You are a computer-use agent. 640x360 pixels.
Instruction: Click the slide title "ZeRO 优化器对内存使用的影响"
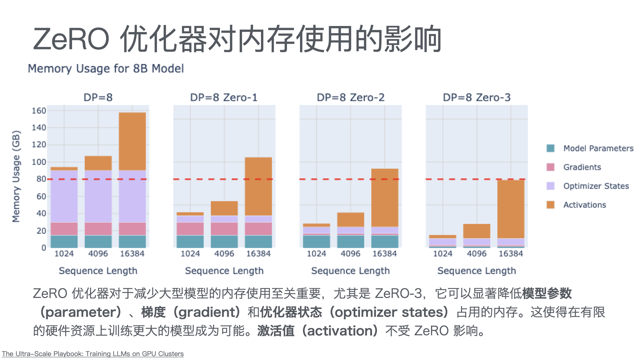coord(237,39)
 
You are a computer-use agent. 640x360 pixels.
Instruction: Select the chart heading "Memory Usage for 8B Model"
coord(106,69)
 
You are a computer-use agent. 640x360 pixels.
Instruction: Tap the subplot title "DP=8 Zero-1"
coord(224,97)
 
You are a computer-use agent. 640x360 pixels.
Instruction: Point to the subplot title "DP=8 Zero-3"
coord(477,97)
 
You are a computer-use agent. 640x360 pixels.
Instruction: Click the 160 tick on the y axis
coord(39,111)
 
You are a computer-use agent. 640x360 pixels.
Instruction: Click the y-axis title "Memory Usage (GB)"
coord(16,176)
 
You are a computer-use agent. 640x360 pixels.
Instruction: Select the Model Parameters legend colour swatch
coord(550,148)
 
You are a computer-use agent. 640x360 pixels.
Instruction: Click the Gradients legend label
coord(582,167)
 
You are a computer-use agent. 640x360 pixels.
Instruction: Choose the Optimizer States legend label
coord(596,186)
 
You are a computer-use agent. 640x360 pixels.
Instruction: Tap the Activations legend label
coord(585,205)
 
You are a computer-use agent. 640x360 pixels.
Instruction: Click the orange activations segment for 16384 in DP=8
coord(132,141)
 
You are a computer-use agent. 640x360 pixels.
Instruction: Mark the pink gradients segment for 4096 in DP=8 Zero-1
coord(224,229)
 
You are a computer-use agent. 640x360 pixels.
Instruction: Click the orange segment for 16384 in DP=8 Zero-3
coord(511,209)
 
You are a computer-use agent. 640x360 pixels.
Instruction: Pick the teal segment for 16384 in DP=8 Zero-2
coord(385,241)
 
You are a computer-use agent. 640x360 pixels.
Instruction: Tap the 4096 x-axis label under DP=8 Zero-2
coord(350,254)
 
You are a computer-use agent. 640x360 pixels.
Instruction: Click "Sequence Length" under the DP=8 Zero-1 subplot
coord(224,271)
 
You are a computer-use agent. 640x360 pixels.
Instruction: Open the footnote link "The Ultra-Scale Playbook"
coord(93,354)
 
